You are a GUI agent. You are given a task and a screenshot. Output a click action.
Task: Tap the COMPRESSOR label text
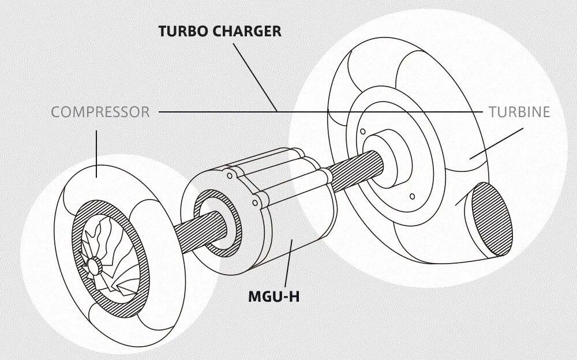coord(100,112)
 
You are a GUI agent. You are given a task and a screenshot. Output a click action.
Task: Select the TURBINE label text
coord(519,112)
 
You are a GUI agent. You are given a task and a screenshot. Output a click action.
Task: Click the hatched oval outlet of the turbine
coord(492,220)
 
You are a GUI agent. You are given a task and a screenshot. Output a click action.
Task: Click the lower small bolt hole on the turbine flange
coord(412,197)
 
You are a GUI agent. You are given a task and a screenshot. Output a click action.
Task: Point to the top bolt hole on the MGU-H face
coord(230,174)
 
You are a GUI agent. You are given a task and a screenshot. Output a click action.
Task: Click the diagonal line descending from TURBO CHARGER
coord(254,75)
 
